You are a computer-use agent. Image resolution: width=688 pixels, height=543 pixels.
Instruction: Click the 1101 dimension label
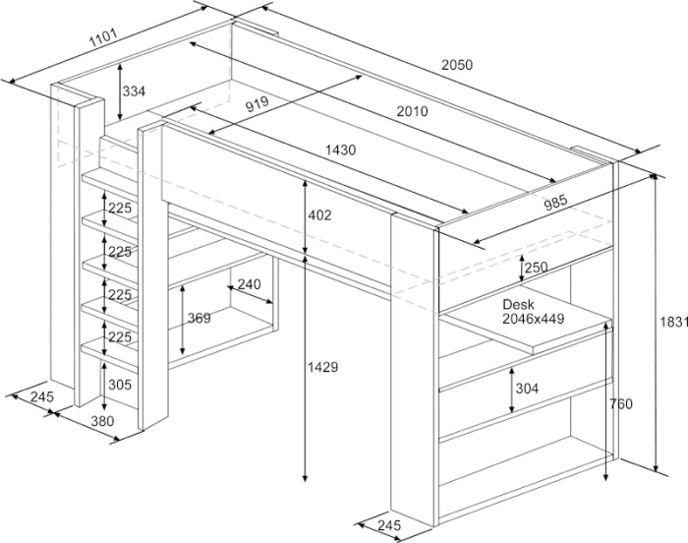(x=104, y=37)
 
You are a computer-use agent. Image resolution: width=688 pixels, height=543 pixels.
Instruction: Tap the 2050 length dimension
(x=457, y=65)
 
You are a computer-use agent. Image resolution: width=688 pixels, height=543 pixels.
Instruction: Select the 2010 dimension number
(x=412, y=111)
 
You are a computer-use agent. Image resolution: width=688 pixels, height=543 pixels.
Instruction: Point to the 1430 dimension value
(x=340, y=151)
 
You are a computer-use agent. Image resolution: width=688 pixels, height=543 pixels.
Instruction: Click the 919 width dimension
(x=257, y=104)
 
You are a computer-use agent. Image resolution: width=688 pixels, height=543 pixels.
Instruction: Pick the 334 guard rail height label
(x=134, y=91)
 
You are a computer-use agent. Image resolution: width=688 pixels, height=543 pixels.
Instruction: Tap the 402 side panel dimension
(x=319, y=215)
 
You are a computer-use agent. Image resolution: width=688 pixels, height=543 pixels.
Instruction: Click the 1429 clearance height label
(x=322, y=367)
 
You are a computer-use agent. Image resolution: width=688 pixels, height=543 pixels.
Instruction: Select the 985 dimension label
(x=555, y=203)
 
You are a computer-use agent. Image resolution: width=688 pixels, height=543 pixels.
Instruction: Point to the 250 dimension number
(x=537, y=268)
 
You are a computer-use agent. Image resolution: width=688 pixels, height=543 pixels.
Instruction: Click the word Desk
(x=518, y=304)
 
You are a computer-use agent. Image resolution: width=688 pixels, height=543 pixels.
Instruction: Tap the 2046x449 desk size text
(x=533, y=319)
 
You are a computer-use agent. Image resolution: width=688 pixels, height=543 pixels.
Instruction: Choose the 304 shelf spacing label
(x=527, y=389)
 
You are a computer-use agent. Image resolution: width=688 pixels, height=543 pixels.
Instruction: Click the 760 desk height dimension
(x=621, y=403)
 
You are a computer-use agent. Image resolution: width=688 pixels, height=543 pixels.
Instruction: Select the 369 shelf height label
(x=200, y=318)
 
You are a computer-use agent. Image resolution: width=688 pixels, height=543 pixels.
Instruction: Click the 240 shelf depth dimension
(x=249, y=284)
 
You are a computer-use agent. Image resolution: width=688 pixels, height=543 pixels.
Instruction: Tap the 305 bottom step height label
(x=120, y=385)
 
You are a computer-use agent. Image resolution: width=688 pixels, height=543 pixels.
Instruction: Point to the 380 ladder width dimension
(x=102, y=421)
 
